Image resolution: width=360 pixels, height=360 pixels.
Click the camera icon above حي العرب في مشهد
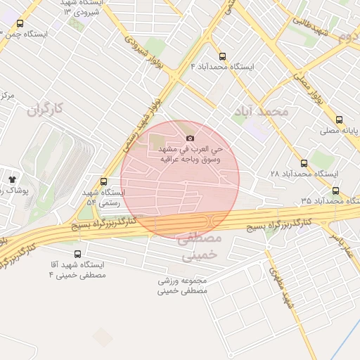190,138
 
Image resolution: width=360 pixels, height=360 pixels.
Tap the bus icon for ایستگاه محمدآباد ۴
223,56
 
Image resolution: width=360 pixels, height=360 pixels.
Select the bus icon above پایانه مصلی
340,120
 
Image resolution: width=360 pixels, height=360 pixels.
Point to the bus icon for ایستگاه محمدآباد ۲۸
304,162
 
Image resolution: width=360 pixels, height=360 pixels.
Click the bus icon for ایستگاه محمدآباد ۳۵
335,191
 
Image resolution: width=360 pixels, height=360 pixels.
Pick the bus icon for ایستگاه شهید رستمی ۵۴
104,181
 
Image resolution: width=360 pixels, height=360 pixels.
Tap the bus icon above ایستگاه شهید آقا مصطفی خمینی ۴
76,254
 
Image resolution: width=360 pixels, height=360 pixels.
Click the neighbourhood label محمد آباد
264,112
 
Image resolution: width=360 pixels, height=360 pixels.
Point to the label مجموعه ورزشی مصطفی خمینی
184,284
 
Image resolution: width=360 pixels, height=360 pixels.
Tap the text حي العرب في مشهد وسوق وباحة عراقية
191,155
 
